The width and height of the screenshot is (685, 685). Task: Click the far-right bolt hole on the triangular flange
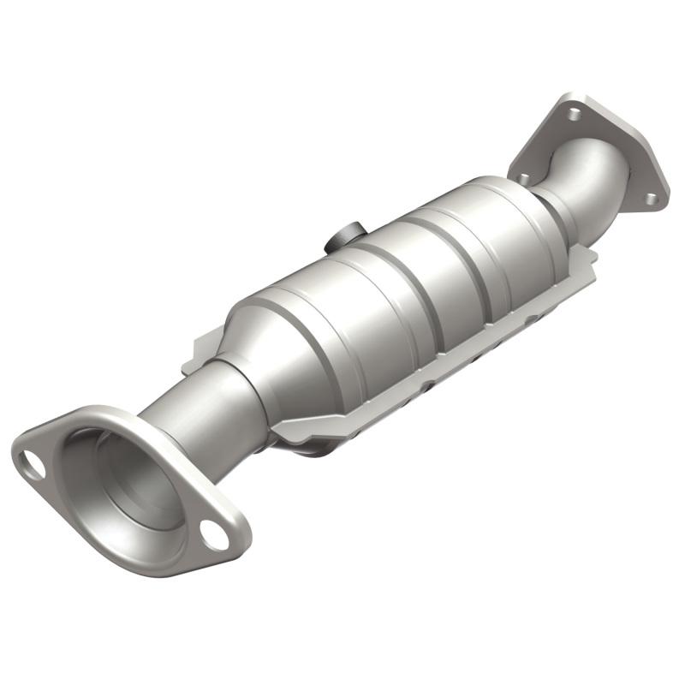[x=652, y=198]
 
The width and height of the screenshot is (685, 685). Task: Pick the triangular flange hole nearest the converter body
[x=522, y=177]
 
